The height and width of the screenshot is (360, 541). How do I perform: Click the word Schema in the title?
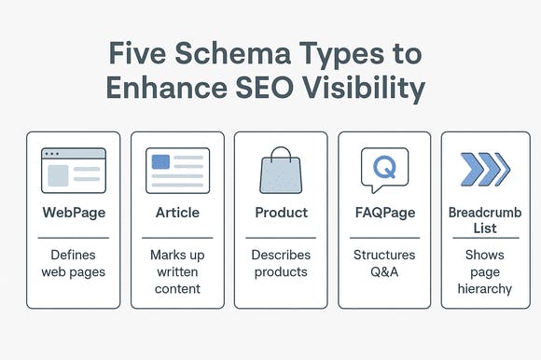pyautogui.click(x=233, y=53)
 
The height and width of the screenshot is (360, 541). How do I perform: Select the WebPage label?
pyautogui.click(x=74, y=213)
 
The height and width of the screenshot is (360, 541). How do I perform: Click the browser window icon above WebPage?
pyautogui.click(x=74, y=171)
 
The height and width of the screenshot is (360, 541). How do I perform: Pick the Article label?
pyautogui.click(x=177, y=213)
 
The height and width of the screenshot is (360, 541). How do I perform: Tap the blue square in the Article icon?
pyautogui.click(x=160, y=161)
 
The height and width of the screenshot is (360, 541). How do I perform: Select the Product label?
pyautogui.click(x=281, y=213)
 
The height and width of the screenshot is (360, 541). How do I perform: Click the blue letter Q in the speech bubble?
pyautogui.click(x=384, y=167)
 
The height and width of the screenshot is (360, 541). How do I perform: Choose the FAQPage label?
pyautogui.click(x=385, y=213)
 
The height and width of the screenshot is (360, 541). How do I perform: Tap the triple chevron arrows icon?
pyautogui.click(x=485, y=170)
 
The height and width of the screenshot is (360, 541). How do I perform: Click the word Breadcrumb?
pyautogui.click(x=485, y=213)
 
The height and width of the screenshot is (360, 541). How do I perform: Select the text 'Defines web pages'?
pyautogui.click(x=73, y=263)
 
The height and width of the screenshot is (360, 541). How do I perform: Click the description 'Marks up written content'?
pyautogui.click(x=177, y=271)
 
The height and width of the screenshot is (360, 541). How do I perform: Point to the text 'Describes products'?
pyautogui.click(x=281, y=263)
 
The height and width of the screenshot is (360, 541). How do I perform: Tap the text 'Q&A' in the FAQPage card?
pyautogui.click(x=384, y=271)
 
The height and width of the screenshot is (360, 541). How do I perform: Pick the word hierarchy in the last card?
pyautogui.click(x=485, y=289)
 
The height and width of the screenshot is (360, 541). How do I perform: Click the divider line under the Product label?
pyautogui.click(x=281, y=238)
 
